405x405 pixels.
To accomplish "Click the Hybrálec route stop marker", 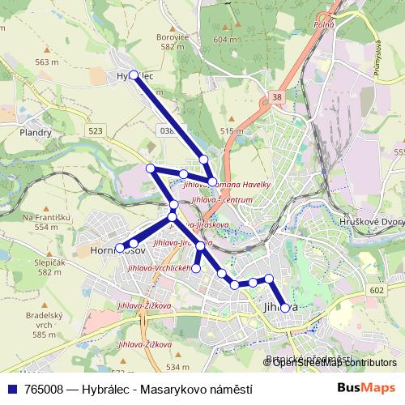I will point(134,75).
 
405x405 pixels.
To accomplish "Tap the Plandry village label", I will point(36,132).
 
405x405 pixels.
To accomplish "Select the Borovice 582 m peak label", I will point(173,41).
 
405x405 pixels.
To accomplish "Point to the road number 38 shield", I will point(278,96).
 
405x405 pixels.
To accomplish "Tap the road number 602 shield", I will point(375,290).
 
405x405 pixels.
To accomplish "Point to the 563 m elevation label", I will point(47,62).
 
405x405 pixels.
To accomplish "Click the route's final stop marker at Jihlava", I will point(284,308).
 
